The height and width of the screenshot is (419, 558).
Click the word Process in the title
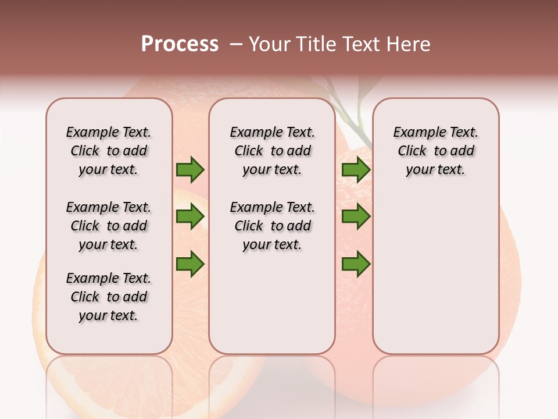180,44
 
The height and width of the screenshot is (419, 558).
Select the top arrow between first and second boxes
190,170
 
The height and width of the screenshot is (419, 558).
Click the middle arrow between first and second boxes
190,217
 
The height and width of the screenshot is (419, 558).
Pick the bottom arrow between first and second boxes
190,264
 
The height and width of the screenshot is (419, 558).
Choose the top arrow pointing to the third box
356,170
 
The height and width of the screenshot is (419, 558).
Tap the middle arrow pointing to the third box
356,217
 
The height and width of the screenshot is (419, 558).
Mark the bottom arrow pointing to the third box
356,264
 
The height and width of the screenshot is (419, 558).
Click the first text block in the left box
109,151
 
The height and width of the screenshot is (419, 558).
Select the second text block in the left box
109,226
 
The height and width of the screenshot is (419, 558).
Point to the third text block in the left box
109,297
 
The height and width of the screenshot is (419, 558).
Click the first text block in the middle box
272,151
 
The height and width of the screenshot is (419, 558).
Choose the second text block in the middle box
272,226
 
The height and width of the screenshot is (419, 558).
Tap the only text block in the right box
435,151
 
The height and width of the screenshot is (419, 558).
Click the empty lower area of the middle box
272,303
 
